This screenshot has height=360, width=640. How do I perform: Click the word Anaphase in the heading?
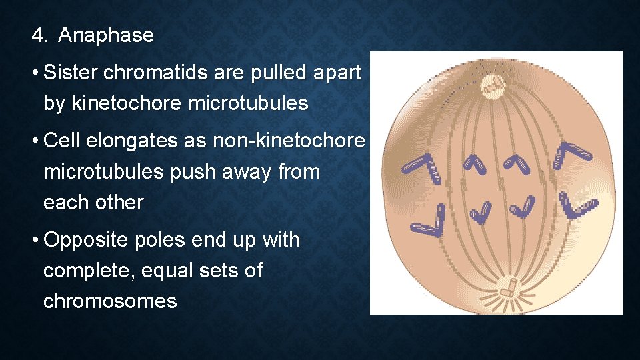click(106, 35)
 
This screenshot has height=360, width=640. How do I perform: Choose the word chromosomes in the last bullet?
click(110, 301)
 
